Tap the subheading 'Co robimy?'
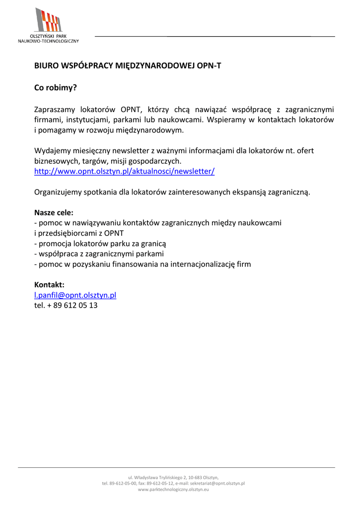click(55, 88)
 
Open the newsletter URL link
click(124, 171)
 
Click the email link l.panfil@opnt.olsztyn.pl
click(75, 295)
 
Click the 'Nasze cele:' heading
click(54, 213)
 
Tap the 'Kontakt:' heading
click(49, 285)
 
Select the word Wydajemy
click(52, 150)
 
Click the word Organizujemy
click(57, 192)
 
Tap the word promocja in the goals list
click(54, 244)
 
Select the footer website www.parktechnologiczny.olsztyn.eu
click(173, 490)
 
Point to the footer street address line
click(173, 477)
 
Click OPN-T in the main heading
click(209, 65)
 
